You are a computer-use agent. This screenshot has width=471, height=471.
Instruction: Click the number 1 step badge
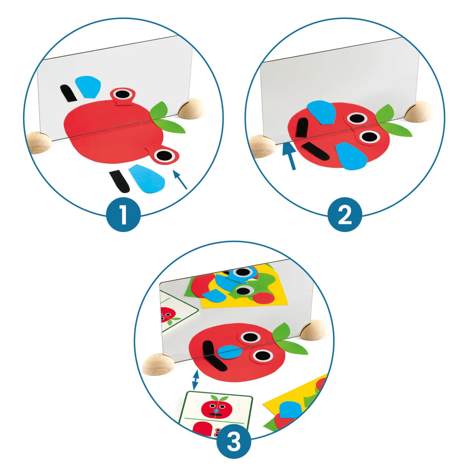(123, 214)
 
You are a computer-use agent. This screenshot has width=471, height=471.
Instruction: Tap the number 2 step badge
(345, 214)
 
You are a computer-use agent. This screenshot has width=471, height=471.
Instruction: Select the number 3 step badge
(234, 441)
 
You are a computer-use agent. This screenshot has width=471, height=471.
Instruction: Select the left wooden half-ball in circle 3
(158, 364)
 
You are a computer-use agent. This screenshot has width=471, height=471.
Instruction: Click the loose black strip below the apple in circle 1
(119, 181)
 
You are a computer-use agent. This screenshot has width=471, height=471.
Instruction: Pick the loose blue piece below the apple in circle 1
(147, 178)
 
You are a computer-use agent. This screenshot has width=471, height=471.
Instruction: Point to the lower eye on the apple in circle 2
(369, 137)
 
